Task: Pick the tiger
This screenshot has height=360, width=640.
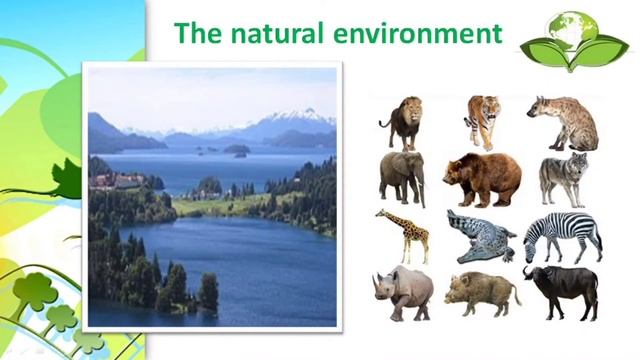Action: click(x=482, y=121)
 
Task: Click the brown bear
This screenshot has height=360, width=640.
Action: click(x=482, y=178)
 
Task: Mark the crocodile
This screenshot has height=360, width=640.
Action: click(x=481, y=238)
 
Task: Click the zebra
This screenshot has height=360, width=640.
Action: click(x=563, y=236)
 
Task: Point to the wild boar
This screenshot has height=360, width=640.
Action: click(x=482, y=293)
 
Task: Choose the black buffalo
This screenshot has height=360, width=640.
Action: click(x=562, y=290)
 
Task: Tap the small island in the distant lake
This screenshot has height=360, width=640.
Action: click(x=236, y=150)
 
